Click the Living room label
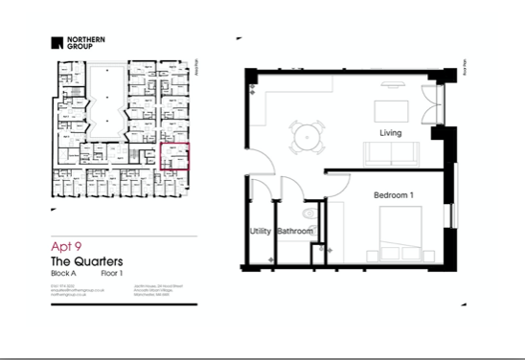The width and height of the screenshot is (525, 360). tap(390, 132)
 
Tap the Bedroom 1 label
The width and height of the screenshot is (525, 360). tap(394, 195)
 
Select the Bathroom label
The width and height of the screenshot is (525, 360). tap(295, 232)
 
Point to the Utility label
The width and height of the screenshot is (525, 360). tap(260, 232)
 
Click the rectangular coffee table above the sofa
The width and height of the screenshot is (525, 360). tap(389, 106)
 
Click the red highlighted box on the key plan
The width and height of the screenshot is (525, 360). tap(178, 156)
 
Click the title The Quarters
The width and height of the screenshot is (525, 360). tap(85, 261)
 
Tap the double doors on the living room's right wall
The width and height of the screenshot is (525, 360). tap(427, 103)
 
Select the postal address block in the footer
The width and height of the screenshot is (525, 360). tap(128, 291)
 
